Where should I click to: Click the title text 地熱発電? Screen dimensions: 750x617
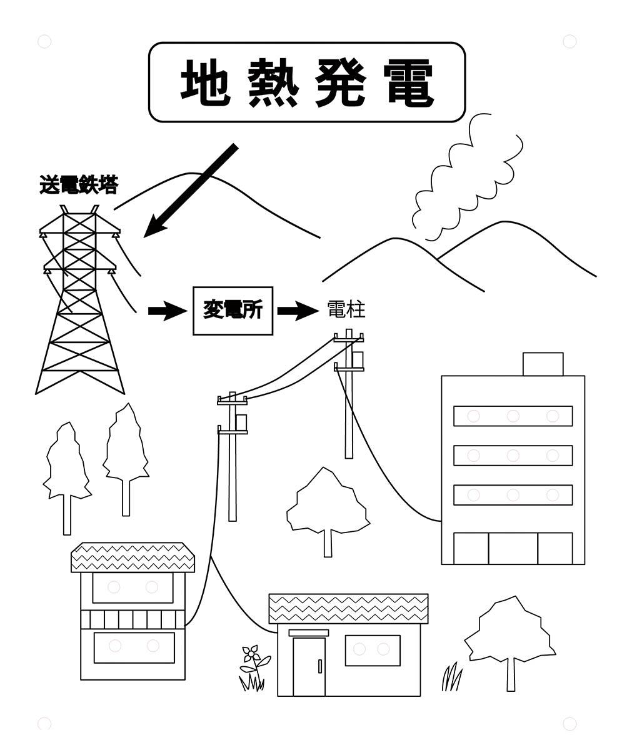click(306, 82)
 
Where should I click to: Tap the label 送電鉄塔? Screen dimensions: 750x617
click(78, 185)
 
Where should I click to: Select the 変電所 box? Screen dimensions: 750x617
click(233, 311)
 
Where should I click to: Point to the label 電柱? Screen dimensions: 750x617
click(346, 309)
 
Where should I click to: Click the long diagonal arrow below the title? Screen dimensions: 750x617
click(191, 191)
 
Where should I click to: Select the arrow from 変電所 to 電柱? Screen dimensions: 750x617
click(298, 311)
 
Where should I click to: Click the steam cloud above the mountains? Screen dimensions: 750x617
click(466, 178)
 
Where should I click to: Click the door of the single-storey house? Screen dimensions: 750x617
click(309, 666)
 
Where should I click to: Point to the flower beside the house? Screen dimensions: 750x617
click(251, 655)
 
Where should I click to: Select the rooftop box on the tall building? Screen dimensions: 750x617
click(543, 364)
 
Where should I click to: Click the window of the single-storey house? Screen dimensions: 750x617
click(373, 650)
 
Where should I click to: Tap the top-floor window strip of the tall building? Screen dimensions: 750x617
click(513, 416)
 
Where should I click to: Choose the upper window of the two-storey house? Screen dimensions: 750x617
click(133, 587)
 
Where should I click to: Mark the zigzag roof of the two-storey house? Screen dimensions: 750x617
click(133, 557)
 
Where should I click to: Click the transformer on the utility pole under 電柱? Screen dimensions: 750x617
click(358, 359)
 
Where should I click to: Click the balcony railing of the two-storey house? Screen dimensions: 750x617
click(133, 619)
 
